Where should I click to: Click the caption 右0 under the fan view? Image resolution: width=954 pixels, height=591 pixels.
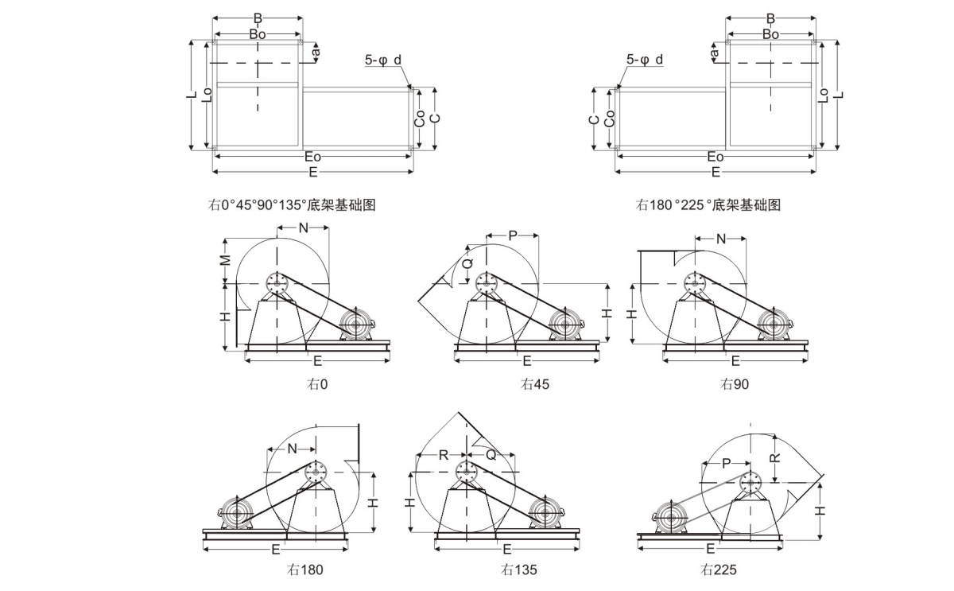(317, 384)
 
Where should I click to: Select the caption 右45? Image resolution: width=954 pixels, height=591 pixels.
(535, 384)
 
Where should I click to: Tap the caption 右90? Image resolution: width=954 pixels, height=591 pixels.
(735, 384)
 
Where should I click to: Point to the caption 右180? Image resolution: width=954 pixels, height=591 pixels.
(306, 570)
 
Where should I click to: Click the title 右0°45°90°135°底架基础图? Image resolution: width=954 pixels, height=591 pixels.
(292, 205)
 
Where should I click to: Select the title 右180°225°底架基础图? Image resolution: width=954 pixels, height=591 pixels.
(708, 205)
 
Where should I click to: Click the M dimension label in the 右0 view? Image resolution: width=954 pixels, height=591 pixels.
(226, 260)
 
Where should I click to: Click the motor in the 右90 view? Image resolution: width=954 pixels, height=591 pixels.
(773, 325)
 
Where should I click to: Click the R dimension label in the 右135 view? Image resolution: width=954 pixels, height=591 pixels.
(442, 455)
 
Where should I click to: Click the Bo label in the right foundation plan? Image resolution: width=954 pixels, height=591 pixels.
(770, 34)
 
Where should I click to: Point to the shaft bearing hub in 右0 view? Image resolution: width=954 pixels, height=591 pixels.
(277, 283)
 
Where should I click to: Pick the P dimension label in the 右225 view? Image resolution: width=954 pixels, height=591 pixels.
(726, 463)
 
